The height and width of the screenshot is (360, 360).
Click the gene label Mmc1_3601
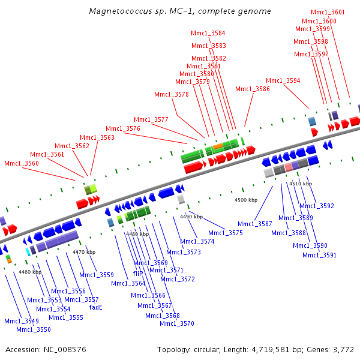(x=328, y=12)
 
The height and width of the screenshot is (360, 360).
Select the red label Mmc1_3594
(x=283, y=80)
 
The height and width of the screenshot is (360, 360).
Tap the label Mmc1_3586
(x=252, y=89)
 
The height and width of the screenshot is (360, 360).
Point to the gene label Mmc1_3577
(x=151, y=119)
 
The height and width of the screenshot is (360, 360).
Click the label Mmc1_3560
(x=21, y=163)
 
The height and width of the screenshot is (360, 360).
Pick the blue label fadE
(x=95, y=307)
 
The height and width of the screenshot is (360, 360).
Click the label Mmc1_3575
(x=226, y=233)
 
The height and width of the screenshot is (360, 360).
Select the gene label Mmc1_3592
(x=318, y=206)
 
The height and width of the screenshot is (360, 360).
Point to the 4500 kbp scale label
(x=245, y=199)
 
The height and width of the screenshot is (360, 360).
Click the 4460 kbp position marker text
(x=30, y=272)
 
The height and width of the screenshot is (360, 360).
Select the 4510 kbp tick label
(x=301, y=183)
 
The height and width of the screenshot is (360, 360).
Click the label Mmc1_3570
(x=176, y=323)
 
